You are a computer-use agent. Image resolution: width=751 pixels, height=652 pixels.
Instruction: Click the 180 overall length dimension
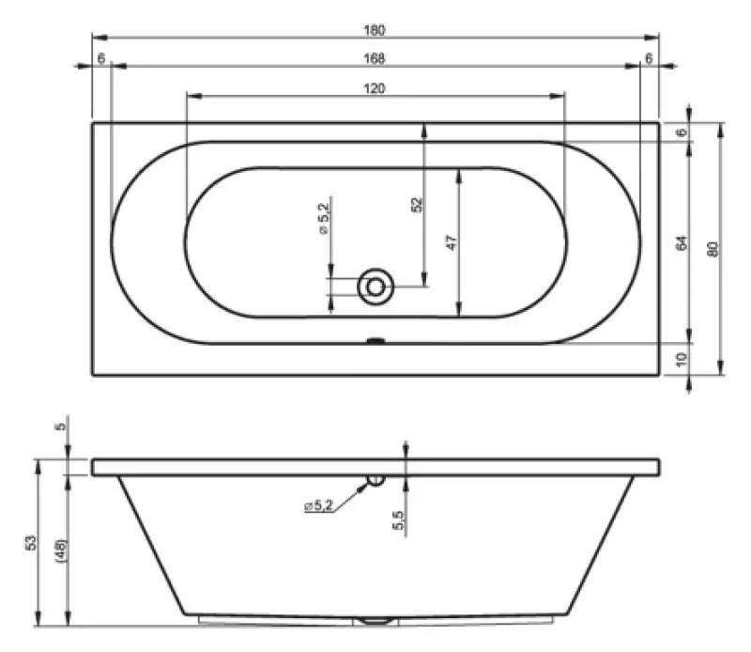[x=375, y=30]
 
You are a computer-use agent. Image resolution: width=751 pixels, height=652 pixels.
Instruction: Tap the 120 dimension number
[x=375, y=88]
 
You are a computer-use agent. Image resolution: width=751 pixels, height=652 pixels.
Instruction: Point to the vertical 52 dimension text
[x=417, y=204]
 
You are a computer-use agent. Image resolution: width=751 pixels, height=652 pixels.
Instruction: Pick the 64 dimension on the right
[x=682, y=242]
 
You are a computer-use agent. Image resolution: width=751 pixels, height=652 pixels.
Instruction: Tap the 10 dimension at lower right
[x=682, y=358]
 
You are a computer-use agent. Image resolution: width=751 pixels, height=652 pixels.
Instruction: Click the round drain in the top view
[x=375, y=286]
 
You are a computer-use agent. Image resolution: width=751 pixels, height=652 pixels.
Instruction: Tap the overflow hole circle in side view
[x=375, y=480]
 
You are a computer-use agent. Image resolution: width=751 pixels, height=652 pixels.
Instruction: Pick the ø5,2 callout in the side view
[x=318, y=505]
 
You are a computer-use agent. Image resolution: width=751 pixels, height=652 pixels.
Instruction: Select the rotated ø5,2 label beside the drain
[x=322, y=217]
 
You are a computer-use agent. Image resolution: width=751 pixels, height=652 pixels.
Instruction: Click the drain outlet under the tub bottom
[x=375, y=621]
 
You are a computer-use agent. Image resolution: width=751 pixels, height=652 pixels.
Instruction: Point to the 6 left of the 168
[x=100, y=59]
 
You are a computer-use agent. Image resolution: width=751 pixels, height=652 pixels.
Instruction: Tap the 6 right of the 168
[x=649, y=59]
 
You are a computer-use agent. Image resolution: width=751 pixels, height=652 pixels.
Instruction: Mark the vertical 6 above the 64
[x=682, y=132]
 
